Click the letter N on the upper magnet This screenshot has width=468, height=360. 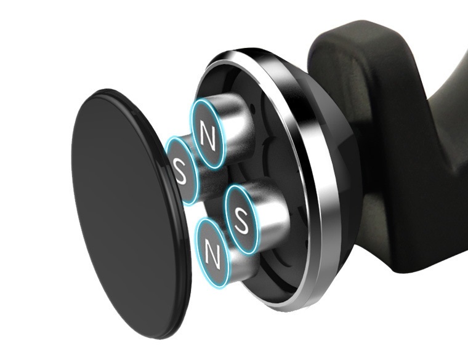tap(208, 137)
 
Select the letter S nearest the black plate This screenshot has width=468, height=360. tap(180, 172)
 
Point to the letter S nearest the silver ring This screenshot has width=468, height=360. tap(241, 220)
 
